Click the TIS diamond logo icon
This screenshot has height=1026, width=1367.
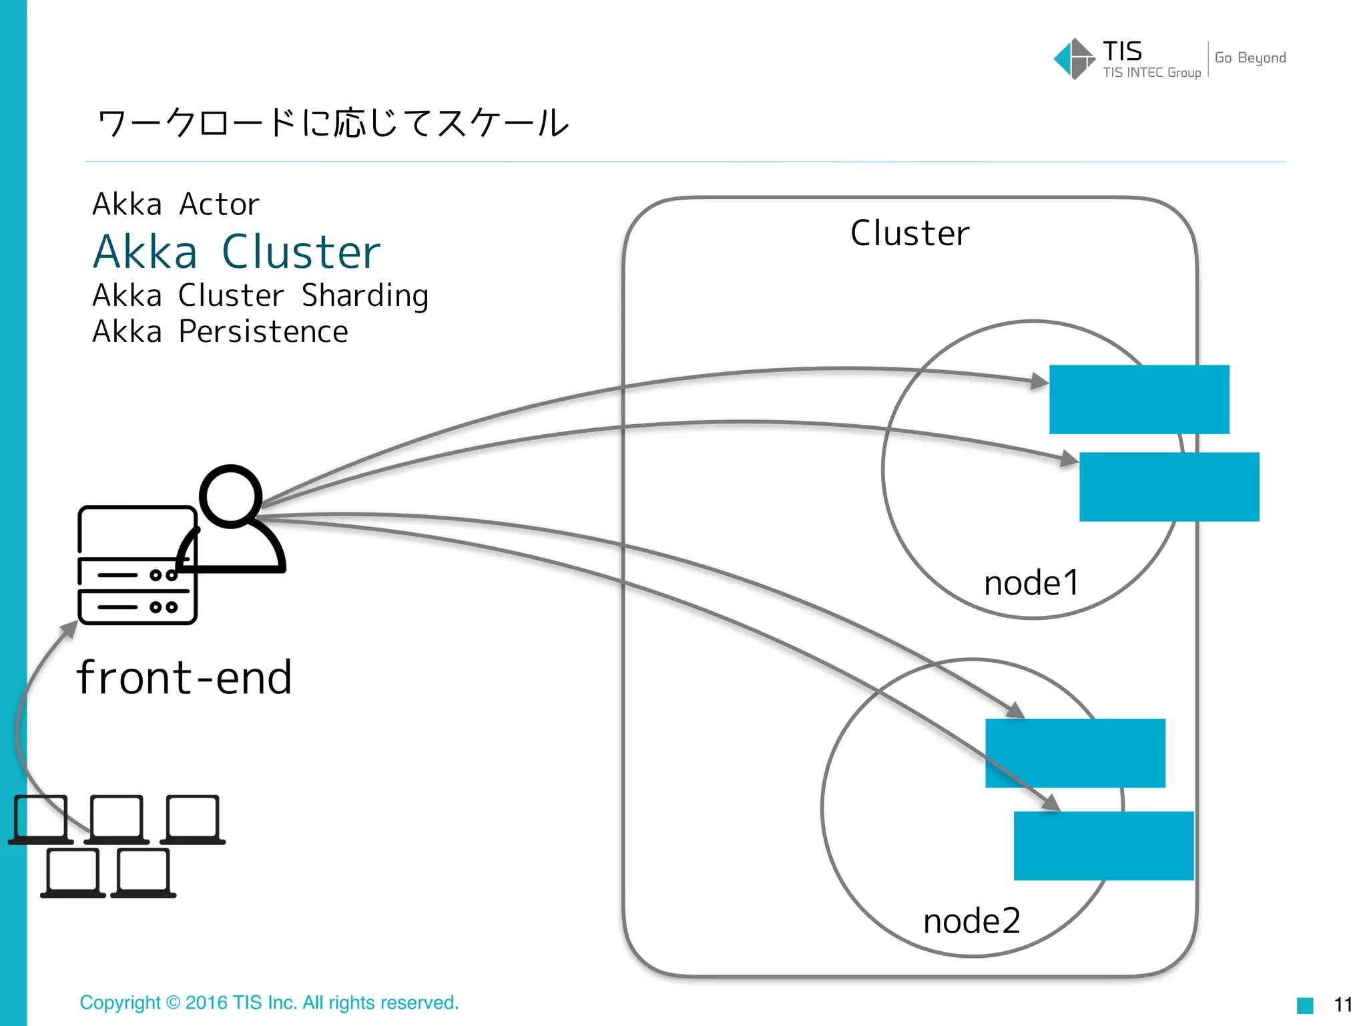pyautogui.click(x=1073, y=59)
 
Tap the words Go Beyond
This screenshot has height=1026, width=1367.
pyautogui.click(x=1250, y=58)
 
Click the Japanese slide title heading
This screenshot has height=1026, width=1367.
pyautogui.click(x=332, y=123)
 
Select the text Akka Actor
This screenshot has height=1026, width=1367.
pyautogui.click(x=176, y=204)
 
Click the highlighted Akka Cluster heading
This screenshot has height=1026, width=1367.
pyautogui.click(x=236, y=252)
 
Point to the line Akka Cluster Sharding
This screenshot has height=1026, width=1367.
pyautogui.click(x=260, y=295)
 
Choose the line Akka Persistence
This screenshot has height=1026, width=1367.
pyautogui.click(x=220, y=332)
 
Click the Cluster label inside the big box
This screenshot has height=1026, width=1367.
pyautogui.click(x=909, y=233)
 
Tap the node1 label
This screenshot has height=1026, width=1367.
pyautogui.click(x=1031, y=582)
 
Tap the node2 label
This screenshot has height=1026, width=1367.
pyautogui.click(x=971, y=920)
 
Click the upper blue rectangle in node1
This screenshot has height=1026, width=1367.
pyautogui.click(x=1139, y=399)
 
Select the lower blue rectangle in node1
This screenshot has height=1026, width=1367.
pyautogui.click(x=1169, y=487)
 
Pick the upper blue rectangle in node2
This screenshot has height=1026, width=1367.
pyautogui.click(x=1075, y=753)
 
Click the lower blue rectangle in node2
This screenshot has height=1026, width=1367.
pyautogui.click(x=1103, y=846)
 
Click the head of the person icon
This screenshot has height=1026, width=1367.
pyautogui.click(x=230, y=496)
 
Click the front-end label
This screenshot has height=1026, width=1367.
pyautogui.click(x=184, y=677)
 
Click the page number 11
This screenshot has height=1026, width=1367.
pyautogui.click(x=1342, y=1005)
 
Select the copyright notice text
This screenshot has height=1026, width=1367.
pyautogui.click(x=269, y=1003)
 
